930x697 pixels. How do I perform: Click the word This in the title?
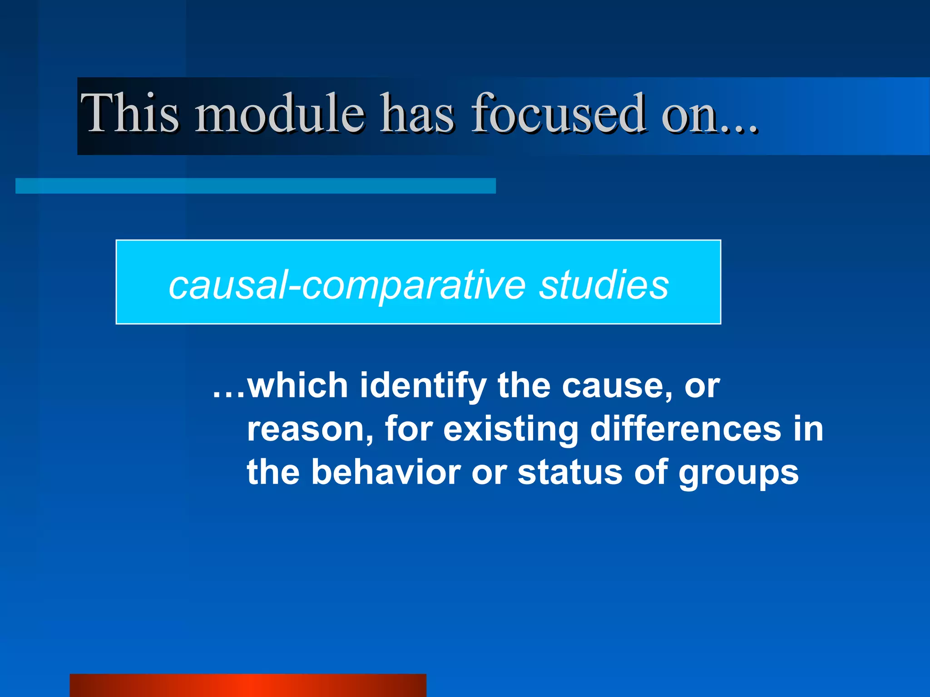(x=130, y=113)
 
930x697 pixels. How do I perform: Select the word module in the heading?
(x=280, y=113)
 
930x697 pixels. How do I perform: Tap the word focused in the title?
(x=558, y=113)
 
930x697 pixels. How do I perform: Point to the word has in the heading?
(x=417, y=113)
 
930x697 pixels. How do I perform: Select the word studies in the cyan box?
(x=604, y=285)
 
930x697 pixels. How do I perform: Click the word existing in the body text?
(x=510, y=429)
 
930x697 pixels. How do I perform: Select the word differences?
(x=686, y=429)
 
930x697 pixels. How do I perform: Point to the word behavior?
(x=386, y=472)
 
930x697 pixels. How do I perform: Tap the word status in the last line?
(x=570, y=472)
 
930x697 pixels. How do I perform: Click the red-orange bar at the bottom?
(x=248, y=685)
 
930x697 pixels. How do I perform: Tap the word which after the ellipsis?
(x=297, y=386)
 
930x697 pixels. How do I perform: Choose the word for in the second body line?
(x=409, y=429)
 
